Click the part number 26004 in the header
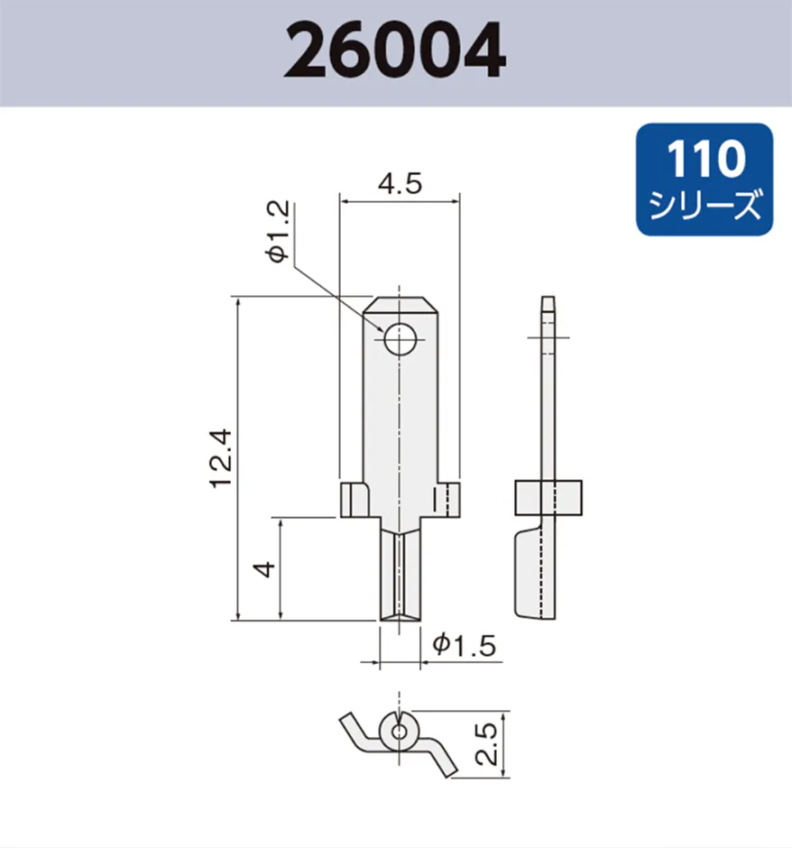[x=395, y=51]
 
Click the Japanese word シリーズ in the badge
[x=705, y=206]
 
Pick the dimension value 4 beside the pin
[x=263, y=569]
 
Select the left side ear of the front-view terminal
[x=354, y=499]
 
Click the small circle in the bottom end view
[x=398, y=732]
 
